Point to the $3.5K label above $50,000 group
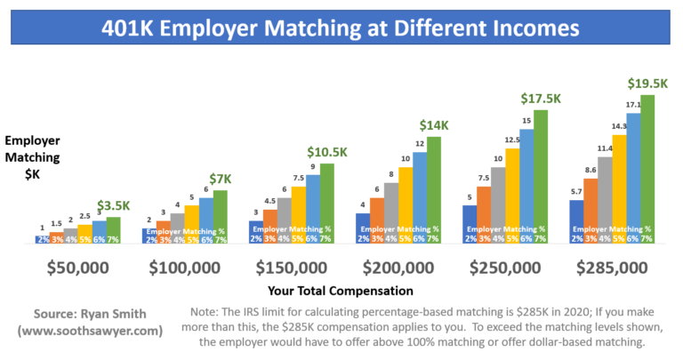point(112,205)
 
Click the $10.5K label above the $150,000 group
point(326,152)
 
